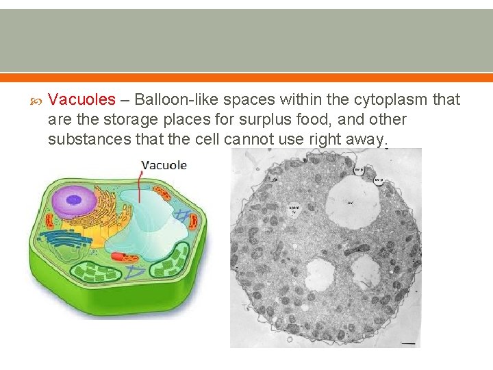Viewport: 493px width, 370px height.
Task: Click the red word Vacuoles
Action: [81, 100]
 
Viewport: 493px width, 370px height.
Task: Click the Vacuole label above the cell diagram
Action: [164, 165]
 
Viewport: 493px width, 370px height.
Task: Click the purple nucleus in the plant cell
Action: [75, 202]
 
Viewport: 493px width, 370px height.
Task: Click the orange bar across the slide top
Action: [246, 77]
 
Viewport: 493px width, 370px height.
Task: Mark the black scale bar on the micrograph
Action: [409, 341]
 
